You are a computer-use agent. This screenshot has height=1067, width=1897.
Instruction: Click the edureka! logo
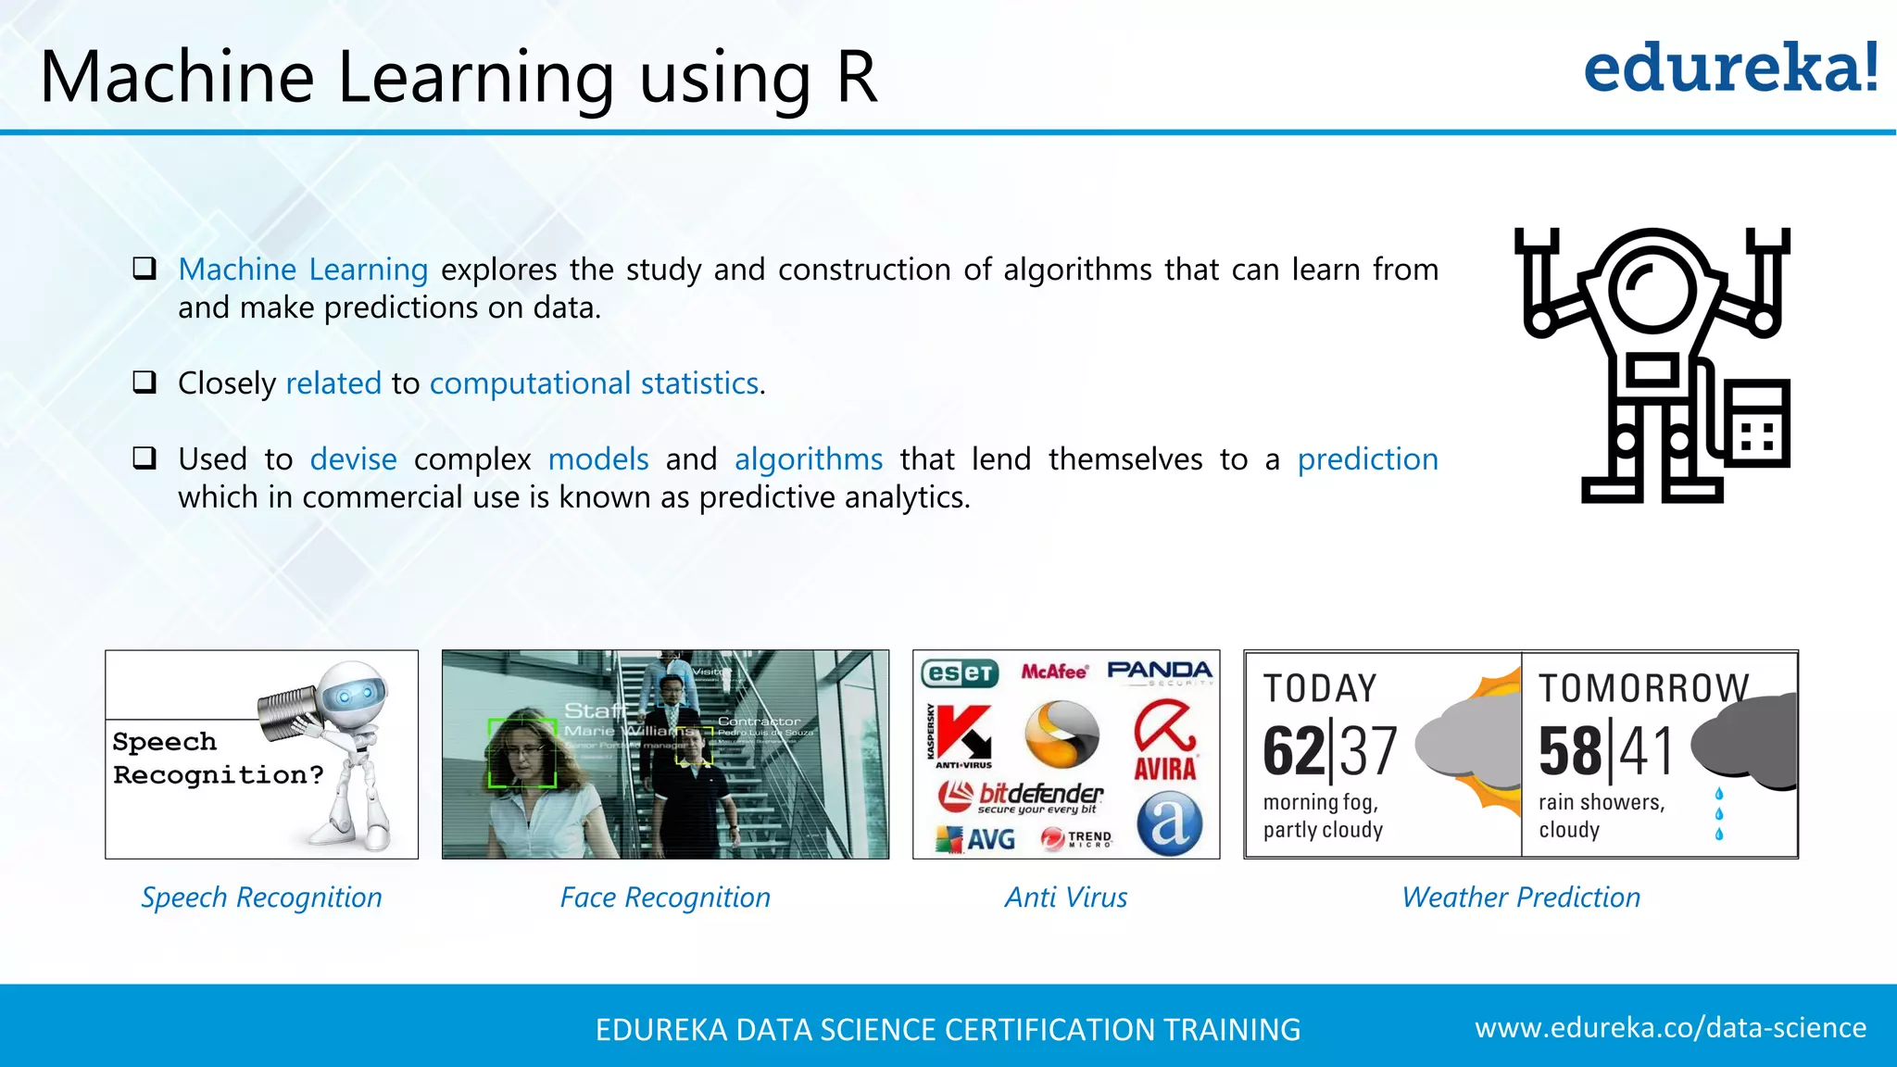(1730, 69)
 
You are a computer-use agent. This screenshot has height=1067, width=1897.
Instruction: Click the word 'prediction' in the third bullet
(1367, 459)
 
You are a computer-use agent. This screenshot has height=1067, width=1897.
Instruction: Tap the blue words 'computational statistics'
(594, 383)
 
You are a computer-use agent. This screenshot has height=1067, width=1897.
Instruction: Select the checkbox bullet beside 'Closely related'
(144, 382)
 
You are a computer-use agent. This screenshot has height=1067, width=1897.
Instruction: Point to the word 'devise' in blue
(353, 459)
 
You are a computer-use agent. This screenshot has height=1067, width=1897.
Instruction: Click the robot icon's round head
(1652, 287)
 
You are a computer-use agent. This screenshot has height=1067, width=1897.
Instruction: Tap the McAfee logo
(1054, 672)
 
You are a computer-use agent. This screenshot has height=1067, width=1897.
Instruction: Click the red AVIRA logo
(1165, 741)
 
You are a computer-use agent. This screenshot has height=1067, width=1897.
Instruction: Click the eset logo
(960, 672)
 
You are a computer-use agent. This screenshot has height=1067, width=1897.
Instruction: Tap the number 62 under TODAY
(1294, 751)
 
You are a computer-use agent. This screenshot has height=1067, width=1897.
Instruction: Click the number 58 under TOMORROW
(1569, 751)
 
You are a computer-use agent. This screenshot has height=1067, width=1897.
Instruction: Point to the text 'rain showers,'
(1602, 802)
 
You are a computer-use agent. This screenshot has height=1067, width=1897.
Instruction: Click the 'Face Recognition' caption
(665, 898)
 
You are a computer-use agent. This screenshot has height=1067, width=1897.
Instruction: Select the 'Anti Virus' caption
(1066, 898)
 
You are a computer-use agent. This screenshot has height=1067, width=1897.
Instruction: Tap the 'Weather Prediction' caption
(1521, 898)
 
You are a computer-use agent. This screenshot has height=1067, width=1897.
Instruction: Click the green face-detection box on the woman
(522, 752)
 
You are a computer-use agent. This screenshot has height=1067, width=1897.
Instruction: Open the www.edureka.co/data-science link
(1670, 1028)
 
